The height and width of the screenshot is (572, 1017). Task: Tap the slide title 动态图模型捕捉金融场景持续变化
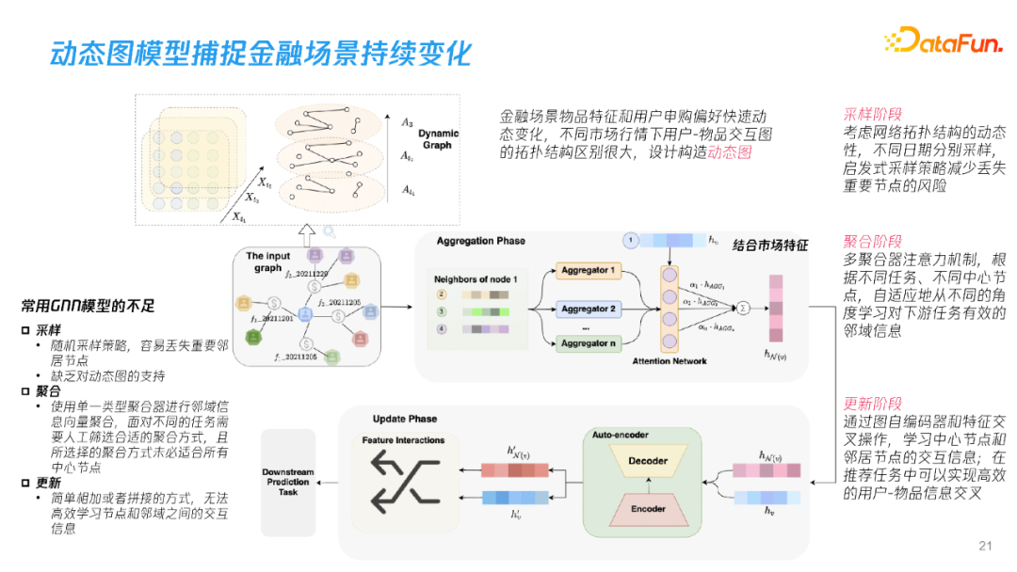(x=260, y=53)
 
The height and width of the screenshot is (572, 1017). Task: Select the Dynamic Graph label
(x=438, y=139)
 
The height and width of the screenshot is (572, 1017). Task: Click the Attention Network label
(x=670, y=361)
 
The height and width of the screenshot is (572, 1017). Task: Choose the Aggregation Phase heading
(x=481, y=242)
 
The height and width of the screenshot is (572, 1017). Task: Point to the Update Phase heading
(x=405, y=419)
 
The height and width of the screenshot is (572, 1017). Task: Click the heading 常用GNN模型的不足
(x=88, y=306)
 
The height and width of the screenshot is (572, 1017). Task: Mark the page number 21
(x=986, y=546)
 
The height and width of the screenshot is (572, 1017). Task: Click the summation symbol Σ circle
(x=743, y=307)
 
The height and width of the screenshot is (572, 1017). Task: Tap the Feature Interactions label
(x=402, y=440)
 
